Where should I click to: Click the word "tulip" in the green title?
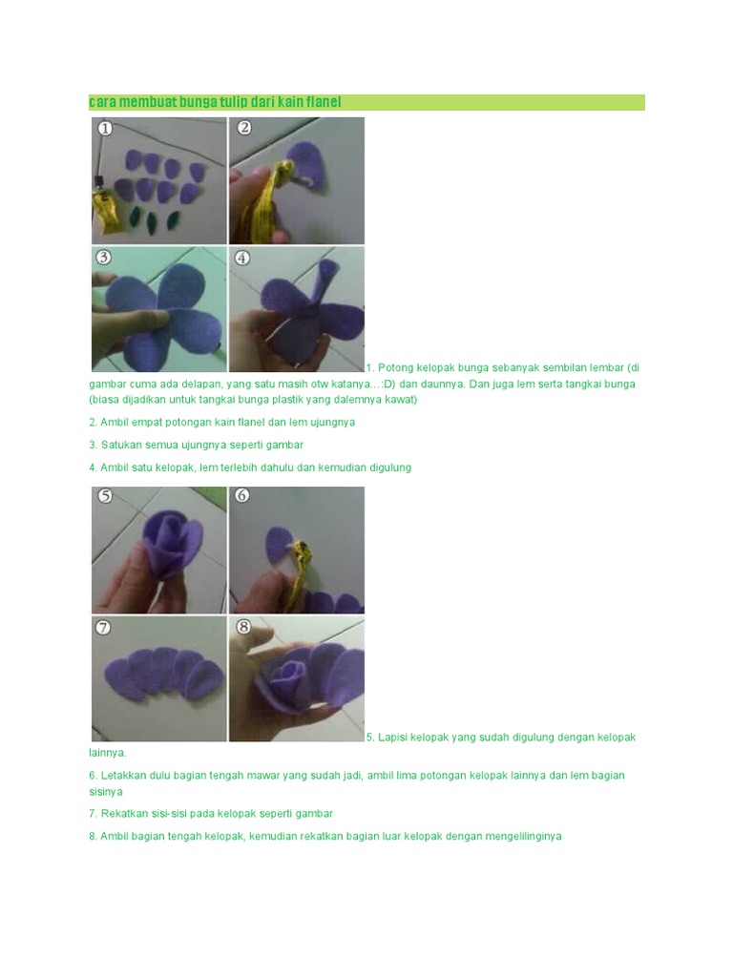click(234, 102)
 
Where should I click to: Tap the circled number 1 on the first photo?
click(105, 129)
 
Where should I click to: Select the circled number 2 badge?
click(244, 128)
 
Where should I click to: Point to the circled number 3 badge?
click(103, 258)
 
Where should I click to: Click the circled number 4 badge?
click(242, 258)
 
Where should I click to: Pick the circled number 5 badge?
click(105, 496)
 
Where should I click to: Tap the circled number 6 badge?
click(241, 495)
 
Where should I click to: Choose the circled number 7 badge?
click(103, 628)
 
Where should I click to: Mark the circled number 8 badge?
click(243, 627)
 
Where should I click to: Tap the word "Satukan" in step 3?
click(119, 445)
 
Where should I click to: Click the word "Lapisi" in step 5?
click(392, 738)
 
